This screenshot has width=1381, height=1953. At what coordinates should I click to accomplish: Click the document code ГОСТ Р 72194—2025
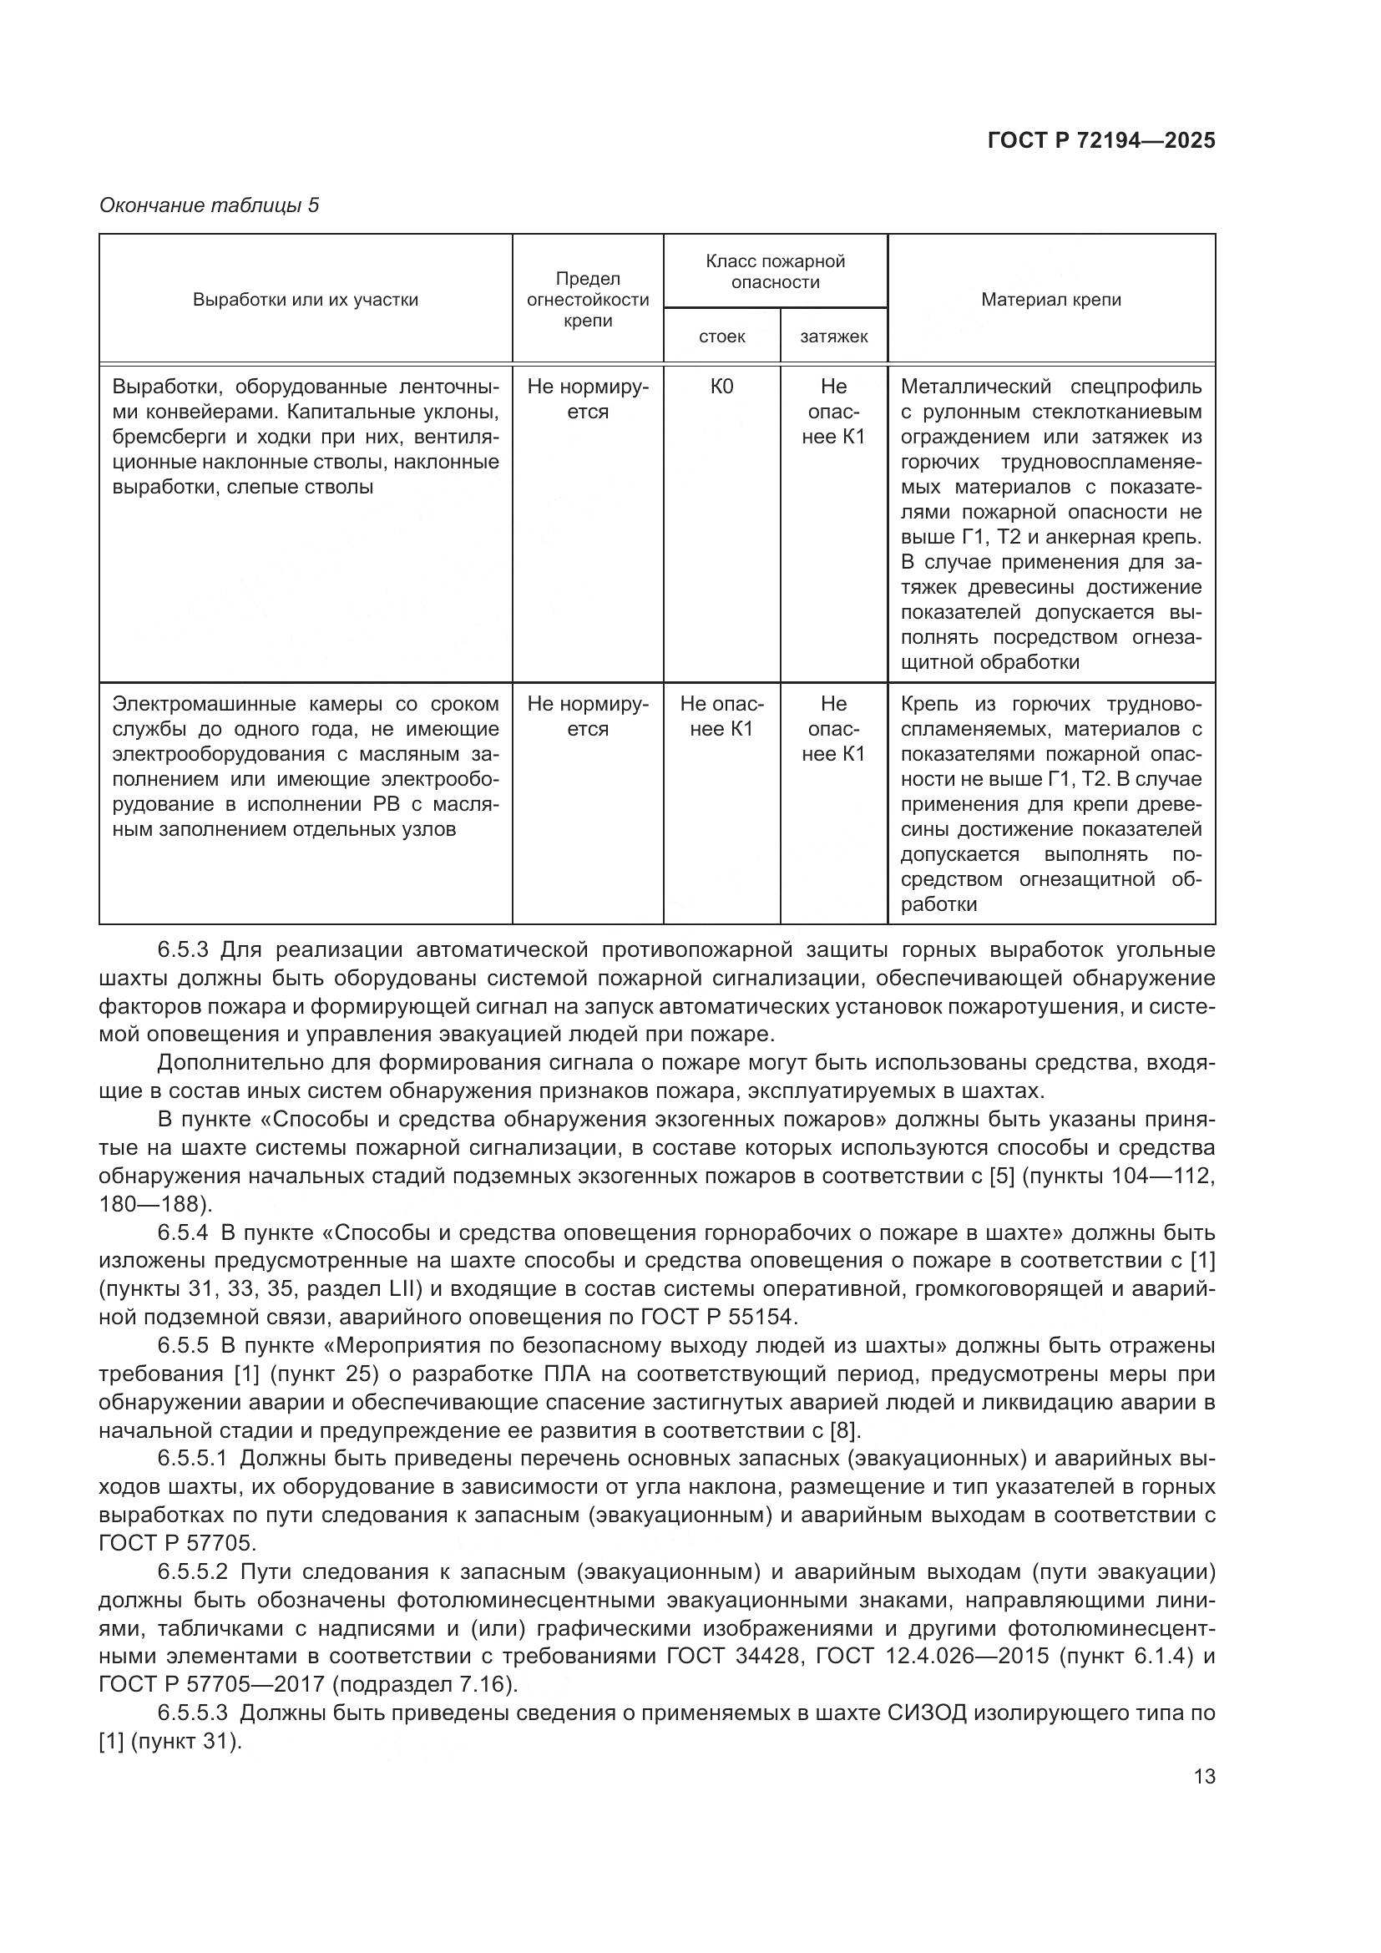(1101, 141)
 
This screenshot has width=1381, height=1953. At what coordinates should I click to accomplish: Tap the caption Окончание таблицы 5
(210, 205)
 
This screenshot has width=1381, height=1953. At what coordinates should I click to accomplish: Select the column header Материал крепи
(1051, 300)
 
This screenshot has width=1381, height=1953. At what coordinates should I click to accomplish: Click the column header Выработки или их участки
(306, 300)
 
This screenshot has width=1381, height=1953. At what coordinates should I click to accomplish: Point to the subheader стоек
(722, 336)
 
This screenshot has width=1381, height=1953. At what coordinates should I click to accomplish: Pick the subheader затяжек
(833, 336)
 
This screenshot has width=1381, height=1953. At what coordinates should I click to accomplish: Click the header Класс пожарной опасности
(776, 271)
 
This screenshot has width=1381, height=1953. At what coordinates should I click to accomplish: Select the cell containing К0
(722, 387)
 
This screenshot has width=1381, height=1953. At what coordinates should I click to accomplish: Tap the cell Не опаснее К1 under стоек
(722, 716)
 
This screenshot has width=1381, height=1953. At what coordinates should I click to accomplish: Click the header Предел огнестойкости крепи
(588, 300)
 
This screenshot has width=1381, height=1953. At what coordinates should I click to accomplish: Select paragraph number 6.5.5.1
(192, 1459)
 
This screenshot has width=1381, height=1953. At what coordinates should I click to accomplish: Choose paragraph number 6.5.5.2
(192, 1572)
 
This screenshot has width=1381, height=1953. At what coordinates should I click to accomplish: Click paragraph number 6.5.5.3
(192, 1713)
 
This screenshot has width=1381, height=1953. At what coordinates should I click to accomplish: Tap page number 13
(1204, 1777)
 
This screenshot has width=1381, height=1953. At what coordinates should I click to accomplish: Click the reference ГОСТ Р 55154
(717, 1318)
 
